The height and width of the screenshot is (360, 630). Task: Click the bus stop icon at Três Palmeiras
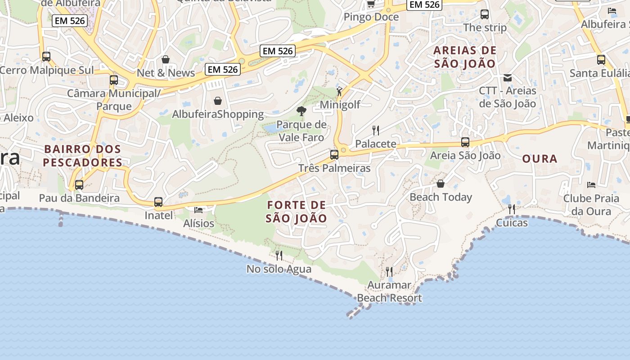click(334, 154)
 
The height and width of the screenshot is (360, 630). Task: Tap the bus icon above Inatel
click(158, 202)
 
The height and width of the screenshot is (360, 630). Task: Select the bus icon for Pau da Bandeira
click(79, 185)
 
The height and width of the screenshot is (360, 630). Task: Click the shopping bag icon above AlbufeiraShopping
click(218, 101)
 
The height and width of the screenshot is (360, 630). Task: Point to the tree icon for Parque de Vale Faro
click(301, 111)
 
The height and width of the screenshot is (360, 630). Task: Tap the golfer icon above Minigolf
click(339, 91)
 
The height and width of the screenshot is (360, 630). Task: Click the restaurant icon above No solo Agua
click(279, 256)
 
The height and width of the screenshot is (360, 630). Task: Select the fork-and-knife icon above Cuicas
click(512, 209)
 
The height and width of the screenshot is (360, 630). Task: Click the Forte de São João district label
click(296, 211)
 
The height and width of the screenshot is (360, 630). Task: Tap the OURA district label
click(540, 159)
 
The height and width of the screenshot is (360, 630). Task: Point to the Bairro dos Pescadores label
click(82, 156)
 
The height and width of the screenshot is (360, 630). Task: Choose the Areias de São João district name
click(465, 57)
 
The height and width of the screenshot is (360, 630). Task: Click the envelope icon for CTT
click(508, 78)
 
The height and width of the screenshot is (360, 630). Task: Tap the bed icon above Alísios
click(198, 210)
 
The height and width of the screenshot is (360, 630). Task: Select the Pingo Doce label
click(371, 17)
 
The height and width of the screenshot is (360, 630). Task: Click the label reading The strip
click(485, 27)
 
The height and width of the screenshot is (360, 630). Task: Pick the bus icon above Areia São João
click(465, 143)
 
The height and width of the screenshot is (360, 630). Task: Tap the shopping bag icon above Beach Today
click(441, 184)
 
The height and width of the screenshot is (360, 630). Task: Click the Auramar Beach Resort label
click(389, 291)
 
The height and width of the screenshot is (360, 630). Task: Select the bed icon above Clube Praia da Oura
click(591, 185)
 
